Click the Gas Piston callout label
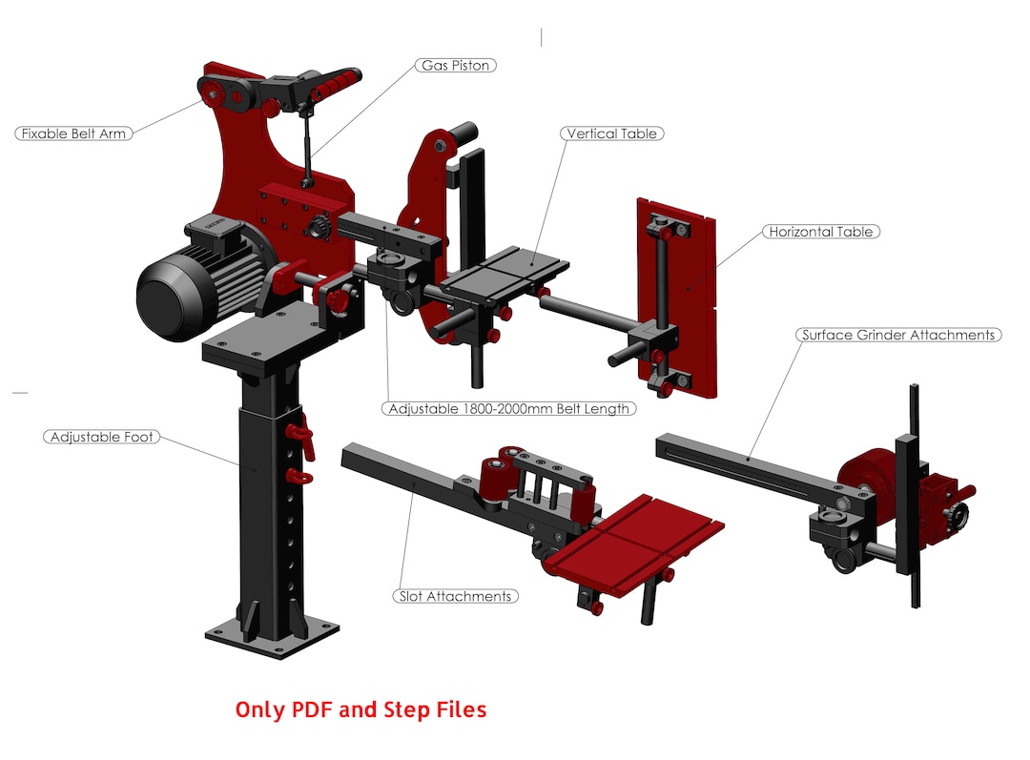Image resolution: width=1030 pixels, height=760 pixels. (x=456, y=66)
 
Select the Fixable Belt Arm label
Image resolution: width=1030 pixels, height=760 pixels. (x=73, y=134)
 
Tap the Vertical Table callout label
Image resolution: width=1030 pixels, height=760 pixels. (x=611, y=134)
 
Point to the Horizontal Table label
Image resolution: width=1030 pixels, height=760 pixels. (x=820, y=232)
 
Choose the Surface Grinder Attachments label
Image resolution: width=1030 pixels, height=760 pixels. (x=898, y=335)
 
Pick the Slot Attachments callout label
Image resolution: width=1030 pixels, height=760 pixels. (x=455, y=596)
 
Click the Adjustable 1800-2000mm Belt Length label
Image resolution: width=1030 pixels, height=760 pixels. (x=509, y=408)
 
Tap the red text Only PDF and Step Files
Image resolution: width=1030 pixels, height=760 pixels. (x=360, y=709)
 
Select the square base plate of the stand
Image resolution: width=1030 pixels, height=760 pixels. (x=272, y=637)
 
